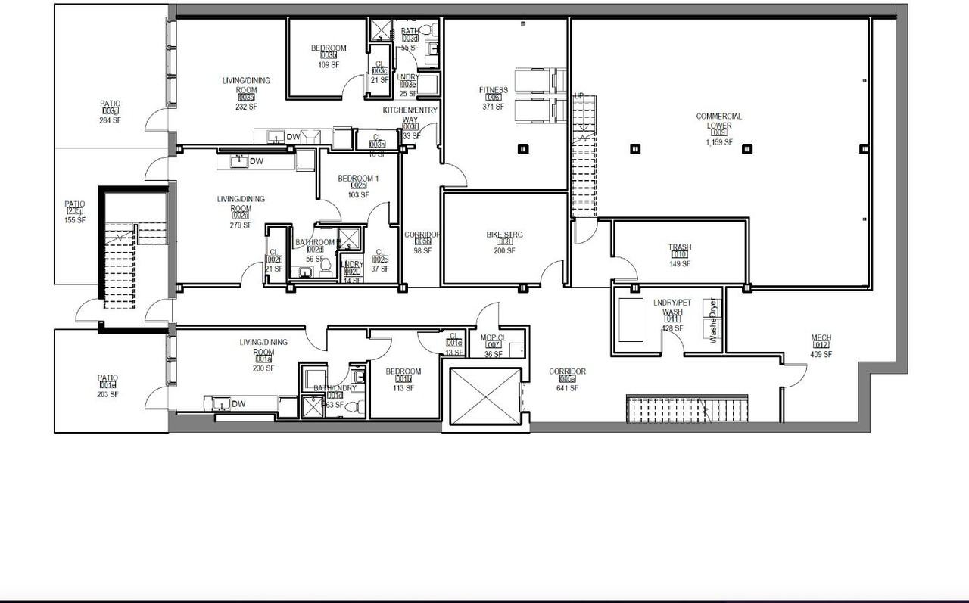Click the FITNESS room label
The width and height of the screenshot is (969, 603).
[x=493, y=90]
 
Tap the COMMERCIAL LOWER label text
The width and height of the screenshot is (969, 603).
[x=718, y=121]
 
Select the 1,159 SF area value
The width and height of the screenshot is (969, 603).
[x=718, y=142]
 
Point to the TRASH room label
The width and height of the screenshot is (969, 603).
[x=679, y=247]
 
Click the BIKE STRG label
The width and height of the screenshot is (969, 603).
[x=504, y=235]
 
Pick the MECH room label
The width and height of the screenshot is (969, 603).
[x=821, y=338]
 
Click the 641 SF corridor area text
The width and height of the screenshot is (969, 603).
[x=567, y=388]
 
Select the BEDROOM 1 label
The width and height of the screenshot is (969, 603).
[x=357, y=179]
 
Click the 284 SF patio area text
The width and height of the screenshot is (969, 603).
[x=110, y=120]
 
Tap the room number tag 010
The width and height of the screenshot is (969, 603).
[x=679, y=256]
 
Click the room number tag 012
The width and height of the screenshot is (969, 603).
[x=821, y=346]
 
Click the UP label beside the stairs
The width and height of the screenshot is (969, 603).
[x=580, y=96]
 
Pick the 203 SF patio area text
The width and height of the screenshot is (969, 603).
[x=107, y=394]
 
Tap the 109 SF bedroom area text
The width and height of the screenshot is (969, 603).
[x=329, y=65]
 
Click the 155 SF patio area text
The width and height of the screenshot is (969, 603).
[x=74, y=220]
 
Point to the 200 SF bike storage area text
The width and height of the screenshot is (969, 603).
[x=504, y=251]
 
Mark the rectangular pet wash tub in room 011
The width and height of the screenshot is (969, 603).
[x=631, y=320]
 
